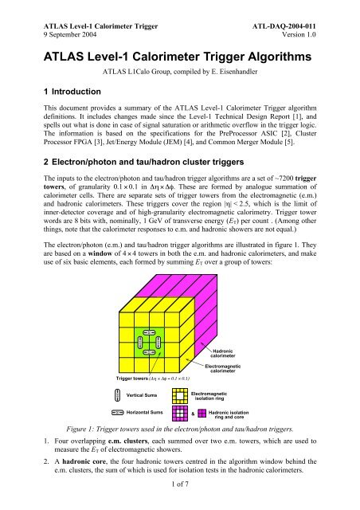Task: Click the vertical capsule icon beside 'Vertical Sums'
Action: click(x=117, y=395)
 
